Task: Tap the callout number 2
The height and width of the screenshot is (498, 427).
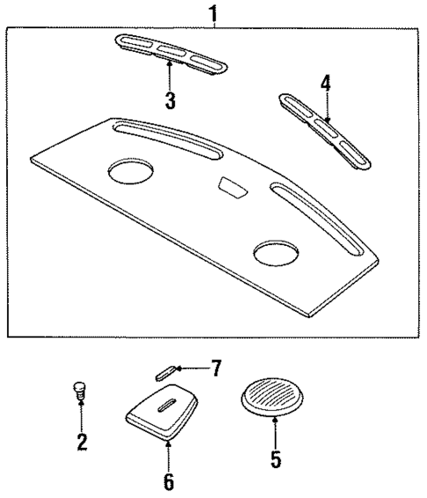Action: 81,442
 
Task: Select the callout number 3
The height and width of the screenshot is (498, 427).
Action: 170,100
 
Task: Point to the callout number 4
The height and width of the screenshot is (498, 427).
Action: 325,84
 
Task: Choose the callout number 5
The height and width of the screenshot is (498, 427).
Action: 276,458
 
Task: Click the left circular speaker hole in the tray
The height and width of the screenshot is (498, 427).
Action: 129,172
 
